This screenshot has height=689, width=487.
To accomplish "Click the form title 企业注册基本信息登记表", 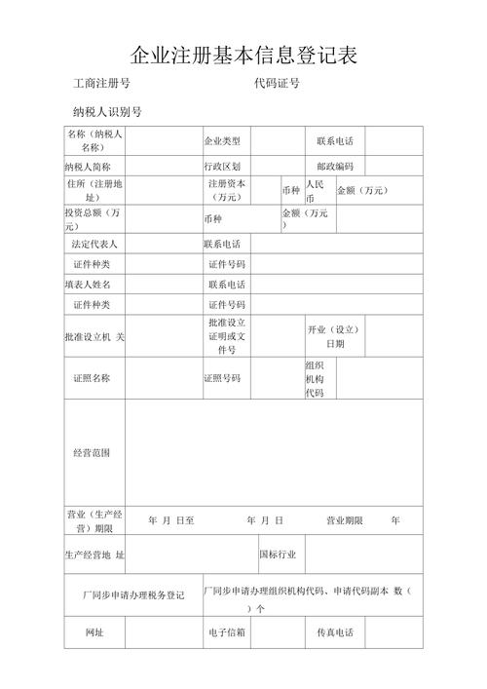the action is click(243, 55).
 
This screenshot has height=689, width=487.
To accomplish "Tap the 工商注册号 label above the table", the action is click(101, 85).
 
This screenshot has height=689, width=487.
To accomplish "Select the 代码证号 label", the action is click(277, 85).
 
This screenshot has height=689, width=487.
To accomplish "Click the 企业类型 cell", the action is click(221, 141).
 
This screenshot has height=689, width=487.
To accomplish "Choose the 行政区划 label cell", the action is click(221, 167).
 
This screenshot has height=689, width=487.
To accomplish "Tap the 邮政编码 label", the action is click(335, 167).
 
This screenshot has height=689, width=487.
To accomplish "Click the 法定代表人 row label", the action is click(94, 244).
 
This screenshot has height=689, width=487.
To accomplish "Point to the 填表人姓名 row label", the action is click(94, 285).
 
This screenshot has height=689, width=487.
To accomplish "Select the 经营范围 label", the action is click(93, 452).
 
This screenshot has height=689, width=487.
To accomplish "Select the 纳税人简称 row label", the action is click(94, 167).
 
